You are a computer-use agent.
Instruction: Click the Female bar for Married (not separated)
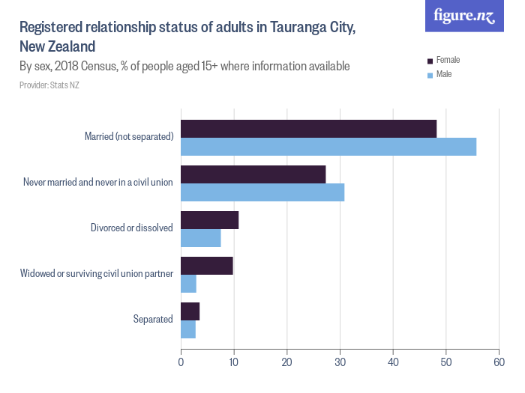pos(308,129)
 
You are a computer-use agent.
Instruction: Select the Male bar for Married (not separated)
pos(328,147)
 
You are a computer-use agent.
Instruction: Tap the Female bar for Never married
pos(253,174)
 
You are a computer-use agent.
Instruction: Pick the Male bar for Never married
pos(262,192)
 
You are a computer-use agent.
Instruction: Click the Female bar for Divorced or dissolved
pos(209,220)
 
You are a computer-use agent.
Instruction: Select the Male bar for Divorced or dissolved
pos(200,238)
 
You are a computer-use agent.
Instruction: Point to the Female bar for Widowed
pos(206,266)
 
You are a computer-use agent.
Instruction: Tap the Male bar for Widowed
pos(188,284)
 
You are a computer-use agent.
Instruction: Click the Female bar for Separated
pos(190,311)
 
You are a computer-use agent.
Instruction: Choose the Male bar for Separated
pos(187,329)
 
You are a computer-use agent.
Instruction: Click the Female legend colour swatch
pos(430,61)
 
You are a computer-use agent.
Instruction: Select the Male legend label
pos(444,75)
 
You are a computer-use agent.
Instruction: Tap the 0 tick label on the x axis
pos(181,362)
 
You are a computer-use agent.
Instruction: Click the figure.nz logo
pos(464,16)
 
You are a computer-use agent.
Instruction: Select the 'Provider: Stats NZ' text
pos(49,85)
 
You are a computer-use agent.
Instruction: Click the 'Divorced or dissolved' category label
pos(132,228)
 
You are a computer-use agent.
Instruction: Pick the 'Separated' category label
pos(153,319)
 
